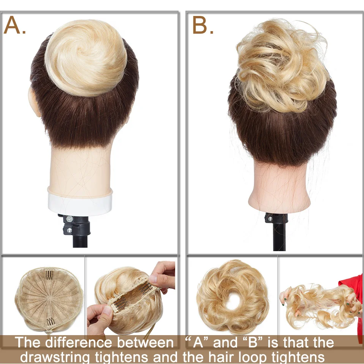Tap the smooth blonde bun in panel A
(x=86, y=58)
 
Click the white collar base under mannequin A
(x=80, y=201)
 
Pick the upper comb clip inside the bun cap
(x=50, y=275)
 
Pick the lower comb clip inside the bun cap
(x=51, y=321)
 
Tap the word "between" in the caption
(x=145, y=342)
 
